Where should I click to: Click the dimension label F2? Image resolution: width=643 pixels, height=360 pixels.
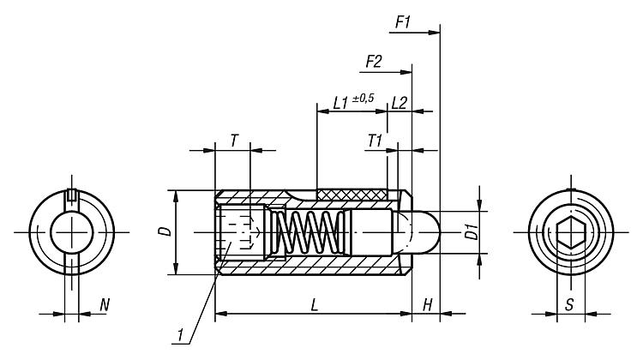click(374, 62)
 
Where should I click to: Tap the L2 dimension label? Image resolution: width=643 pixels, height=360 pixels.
click(399, 102)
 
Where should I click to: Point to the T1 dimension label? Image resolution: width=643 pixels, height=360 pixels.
click(375, 140)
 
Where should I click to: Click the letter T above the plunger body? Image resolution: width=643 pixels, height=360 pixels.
click(233, 140)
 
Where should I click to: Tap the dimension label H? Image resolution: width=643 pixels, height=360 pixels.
click(427, 305)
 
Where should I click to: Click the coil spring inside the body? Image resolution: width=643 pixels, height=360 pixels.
click(303, 232)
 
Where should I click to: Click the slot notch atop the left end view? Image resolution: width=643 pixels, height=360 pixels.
click(72, 193)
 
